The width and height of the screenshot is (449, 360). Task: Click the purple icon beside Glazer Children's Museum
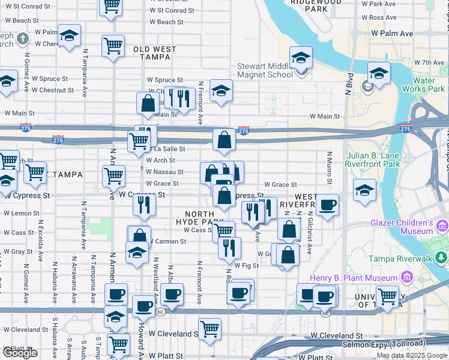443,226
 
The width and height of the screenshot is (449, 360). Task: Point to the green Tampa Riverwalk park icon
441,258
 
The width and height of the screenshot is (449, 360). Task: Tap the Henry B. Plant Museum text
353,278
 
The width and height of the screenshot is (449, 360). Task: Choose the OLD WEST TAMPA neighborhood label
154,53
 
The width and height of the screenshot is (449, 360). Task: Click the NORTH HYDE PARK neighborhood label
207,218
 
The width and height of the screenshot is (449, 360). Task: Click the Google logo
20,353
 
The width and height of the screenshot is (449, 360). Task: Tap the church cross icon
22,40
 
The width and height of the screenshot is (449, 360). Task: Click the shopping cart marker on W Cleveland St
209,328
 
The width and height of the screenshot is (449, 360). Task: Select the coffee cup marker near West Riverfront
327,205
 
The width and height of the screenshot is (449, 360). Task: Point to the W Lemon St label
22,213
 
